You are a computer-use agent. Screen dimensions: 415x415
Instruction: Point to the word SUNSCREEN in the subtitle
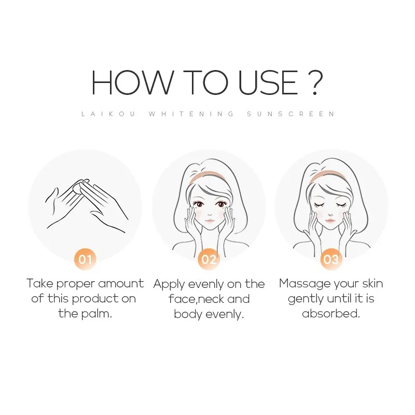pos(291,114)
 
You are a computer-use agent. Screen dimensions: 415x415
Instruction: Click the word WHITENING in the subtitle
pos(191,114)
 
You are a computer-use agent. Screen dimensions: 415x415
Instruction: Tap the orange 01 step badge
pos(85,258)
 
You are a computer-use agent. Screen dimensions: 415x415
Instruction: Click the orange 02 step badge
pos(209,258)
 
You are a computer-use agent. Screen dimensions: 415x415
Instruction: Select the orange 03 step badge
pos(331,258)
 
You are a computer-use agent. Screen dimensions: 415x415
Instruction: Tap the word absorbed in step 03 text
pos(330,314)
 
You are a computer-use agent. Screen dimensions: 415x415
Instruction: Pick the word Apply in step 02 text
pos(167,284)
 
